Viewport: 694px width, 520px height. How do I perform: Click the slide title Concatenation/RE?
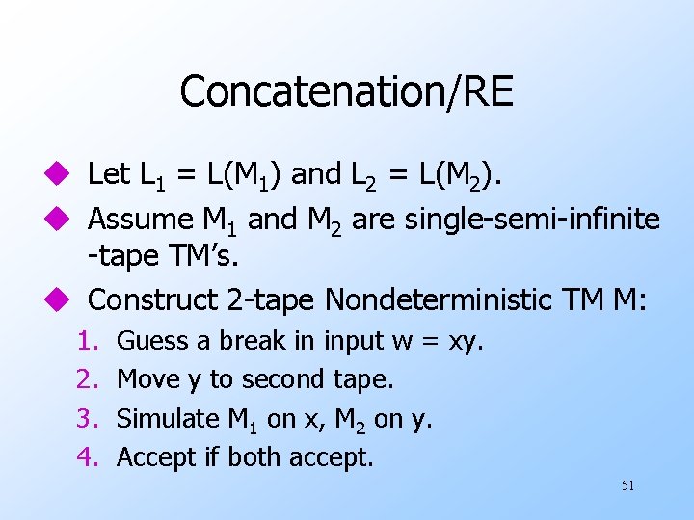(346, 92)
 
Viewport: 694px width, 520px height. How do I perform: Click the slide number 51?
(627, 485)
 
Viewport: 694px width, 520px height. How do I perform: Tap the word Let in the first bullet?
(109, 174)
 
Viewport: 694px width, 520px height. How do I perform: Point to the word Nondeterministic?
(441, 300)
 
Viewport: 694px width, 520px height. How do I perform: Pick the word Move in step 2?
(141, 380)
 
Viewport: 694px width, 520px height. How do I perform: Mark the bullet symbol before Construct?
(63, 301)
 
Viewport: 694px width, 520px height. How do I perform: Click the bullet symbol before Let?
(63, 175)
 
